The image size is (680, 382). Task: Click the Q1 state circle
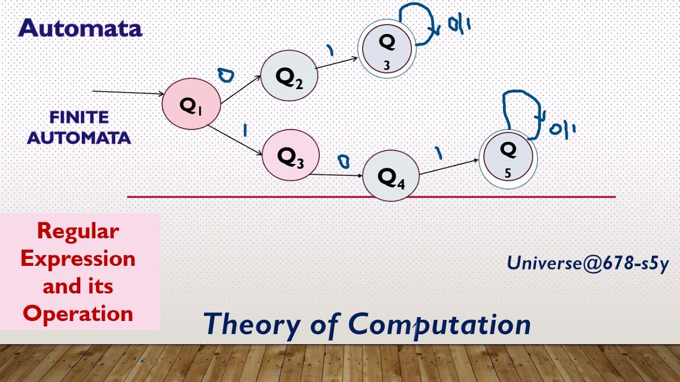coord(191,104)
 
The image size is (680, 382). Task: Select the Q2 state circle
coord(289,75)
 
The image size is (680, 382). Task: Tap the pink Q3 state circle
coord(291,155)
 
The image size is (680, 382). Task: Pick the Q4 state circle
coord(391,176)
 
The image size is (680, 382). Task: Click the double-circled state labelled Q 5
coord(508,159)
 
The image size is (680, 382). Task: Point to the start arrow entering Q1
coord(127,93)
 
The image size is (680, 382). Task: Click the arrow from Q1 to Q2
coord(241,89)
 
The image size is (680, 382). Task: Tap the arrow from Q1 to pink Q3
coord(235,140)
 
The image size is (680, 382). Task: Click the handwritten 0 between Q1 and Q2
coord(226,76)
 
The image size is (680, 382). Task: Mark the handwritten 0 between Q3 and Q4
coord(344,161)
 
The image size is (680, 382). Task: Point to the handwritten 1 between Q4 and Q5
coord(438,153)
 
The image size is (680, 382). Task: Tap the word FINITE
coord(79,117)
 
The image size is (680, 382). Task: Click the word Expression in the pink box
coord(78,258)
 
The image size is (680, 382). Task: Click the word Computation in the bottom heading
coord(439,323)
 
